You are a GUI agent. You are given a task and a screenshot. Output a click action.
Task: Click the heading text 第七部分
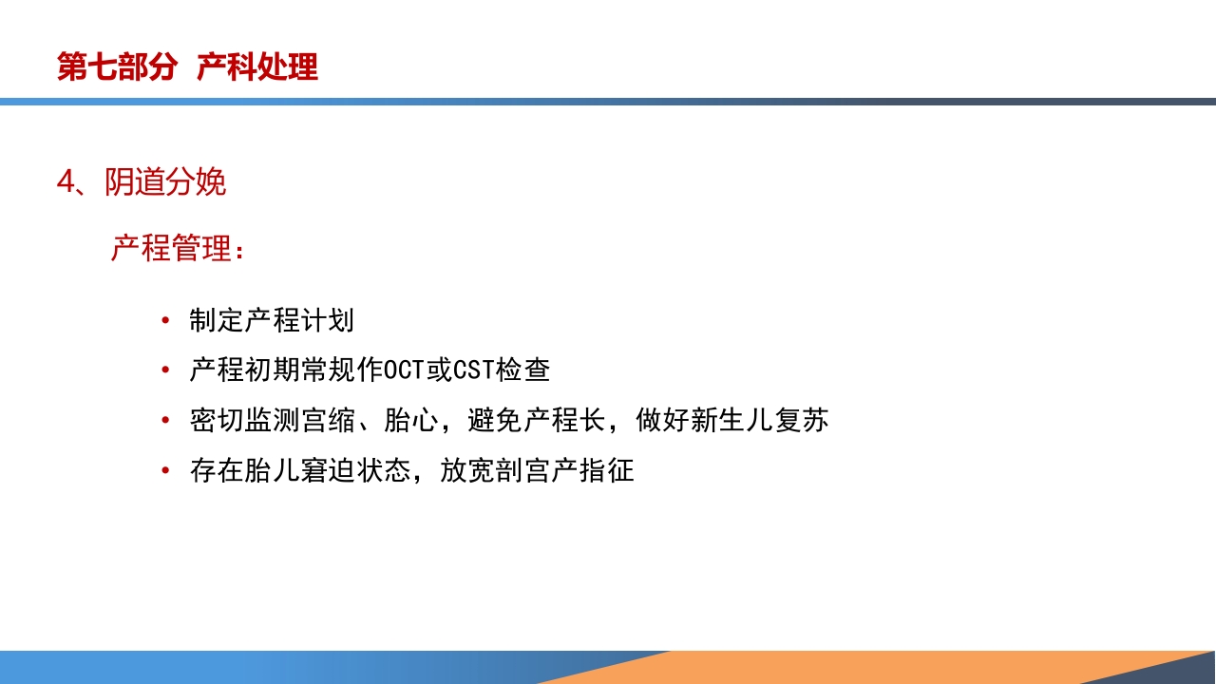117,67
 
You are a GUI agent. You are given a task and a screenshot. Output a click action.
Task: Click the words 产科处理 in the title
257,67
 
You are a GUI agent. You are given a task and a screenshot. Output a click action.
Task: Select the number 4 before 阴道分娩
65,182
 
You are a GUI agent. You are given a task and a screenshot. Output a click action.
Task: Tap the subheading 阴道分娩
165,182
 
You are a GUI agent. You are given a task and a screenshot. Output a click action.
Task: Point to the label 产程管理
171,249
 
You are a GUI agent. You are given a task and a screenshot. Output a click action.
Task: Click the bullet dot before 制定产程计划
167,320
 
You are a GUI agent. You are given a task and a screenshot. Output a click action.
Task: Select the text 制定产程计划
272,320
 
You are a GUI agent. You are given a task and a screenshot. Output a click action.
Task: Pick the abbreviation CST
473,370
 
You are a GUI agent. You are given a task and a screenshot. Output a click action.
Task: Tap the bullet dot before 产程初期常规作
167,370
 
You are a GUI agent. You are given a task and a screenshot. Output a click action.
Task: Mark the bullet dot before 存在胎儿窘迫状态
167,469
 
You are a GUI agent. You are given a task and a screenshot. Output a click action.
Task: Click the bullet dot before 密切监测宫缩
167,420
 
